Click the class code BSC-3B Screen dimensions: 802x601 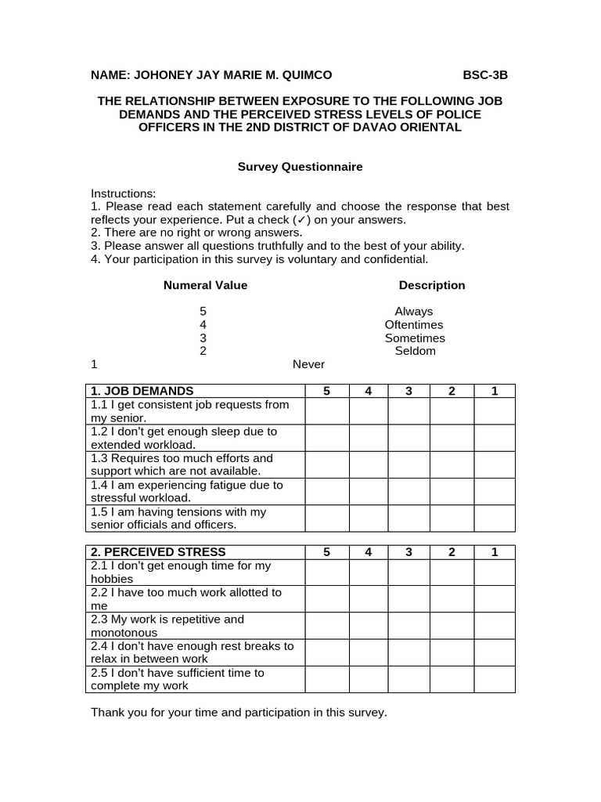[x=485, y=75]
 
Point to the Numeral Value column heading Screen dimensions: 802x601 [x=205, y=285]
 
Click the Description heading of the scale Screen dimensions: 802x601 [x=432, y=285]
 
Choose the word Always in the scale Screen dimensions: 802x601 [x=413, y=312]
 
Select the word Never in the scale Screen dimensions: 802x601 [x=308, y=364]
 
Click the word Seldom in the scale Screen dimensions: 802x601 [x=415, y=351]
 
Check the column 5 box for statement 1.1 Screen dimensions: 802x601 [x=326, y=411]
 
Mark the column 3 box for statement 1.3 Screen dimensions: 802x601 [x=409, y=464]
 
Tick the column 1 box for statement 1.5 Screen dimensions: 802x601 [x=495, y=518]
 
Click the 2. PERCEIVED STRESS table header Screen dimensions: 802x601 [x=158, y=552]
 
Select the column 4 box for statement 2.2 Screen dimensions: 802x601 [x=368, y=599]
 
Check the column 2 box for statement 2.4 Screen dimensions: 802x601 [x=452, y=652]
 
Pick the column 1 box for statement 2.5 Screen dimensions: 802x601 [x=495, y=679]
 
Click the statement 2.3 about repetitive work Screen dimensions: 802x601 [x=167, y=626]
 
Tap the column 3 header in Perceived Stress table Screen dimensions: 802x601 [x=409, y=552]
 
